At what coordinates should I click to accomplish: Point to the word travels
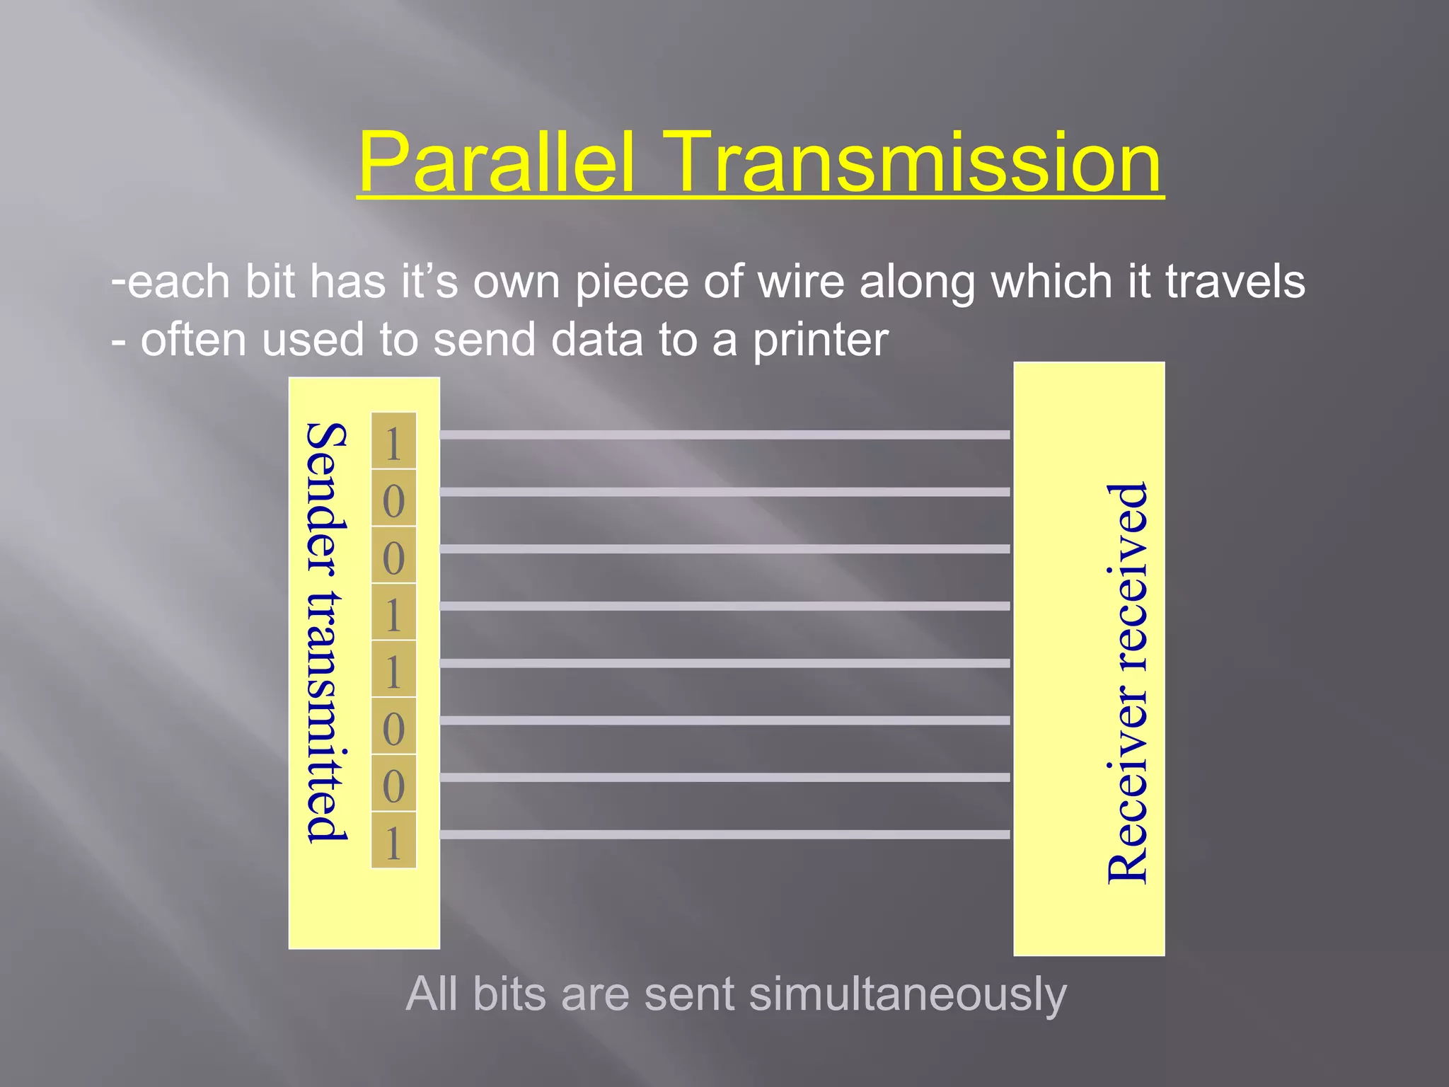click(1235, 282)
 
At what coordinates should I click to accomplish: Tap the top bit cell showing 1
click(393, 442)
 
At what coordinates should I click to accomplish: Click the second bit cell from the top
click(393, 500)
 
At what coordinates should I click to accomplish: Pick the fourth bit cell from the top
click(393, 614)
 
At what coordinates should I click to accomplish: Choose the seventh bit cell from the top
click(393, 785)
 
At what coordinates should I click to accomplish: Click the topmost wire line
click(724, 435)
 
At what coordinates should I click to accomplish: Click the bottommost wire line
click(724, 834)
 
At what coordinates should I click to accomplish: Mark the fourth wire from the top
click(724, 606)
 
